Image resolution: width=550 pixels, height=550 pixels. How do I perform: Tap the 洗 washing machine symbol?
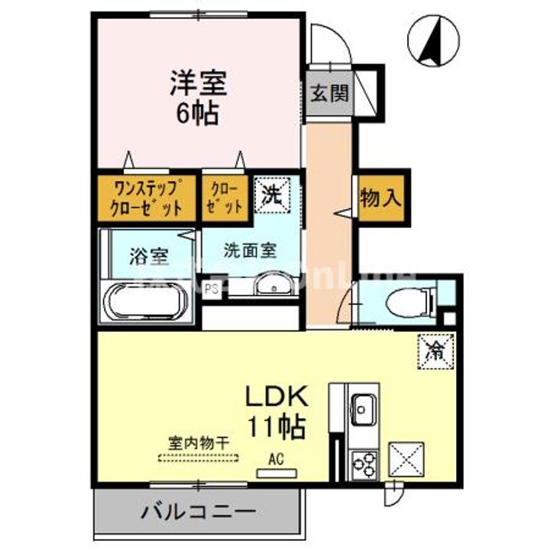[272, 192]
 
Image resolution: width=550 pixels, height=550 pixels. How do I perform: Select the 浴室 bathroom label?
[148, 257]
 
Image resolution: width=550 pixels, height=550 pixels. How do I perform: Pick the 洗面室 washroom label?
[250, 250]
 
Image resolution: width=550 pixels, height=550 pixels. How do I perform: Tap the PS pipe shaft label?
[213, 289]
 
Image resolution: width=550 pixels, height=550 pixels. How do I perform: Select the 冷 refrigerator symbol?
[436, 351]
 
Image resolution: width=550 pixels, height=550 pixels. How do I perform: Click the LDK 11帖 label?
[276, 410]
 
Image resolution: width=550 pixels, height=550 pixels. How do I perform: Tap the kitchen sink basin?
[362, 408]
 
